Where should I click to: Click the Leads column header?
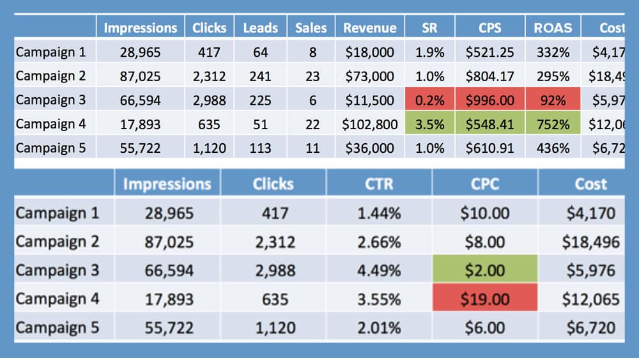pyautogui.click(x=260, y=27)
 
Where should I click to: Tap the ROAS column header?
pyautogui.click(x=553, y=27)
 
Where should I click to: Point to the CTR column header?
pyautogui.click(x=379, y=184)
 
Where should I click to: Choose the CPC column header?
pyautogui.click(x=484, y=184)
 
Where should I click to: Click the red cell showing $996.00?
pyautogui.click(x=490, y=100)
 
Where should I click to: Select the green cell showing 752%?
pyautogui.click(x=553, y=125)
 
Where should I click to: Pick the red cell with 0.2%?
pyautogui.click(x=429, y=100)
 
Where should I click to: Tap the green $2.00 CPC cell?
pyautogui.click(x=484, y=270)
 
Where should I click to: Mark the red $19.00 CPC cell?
pyautogui.click(x=484, y=299)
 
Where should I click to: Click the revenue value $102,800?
pyautogui.click(x=368, y=125)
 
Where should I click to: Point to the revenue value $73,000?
pyautogui.click(x=369, y=76)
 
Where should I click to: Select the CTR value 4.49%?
pyautogui.click(x=379, y=270)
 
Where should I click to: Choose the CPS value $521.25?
pyautogui.click(x=490, y=52)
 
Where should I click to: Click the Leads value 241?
pyautogui.click(x=260, y=76)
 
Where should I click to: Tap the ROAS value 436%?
pyautogui.click(x=553, y=148)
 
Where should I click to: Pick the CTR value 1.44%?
pyautogui.click(x=379, y=213)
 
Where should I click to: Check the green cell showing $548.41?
pyautogui.click(x=490, y=125)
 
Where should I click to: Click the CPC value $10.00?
pyautogui.click(x=484, y=213)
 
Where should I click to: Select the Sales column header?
pyautogui.click(x=311, y=27)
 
